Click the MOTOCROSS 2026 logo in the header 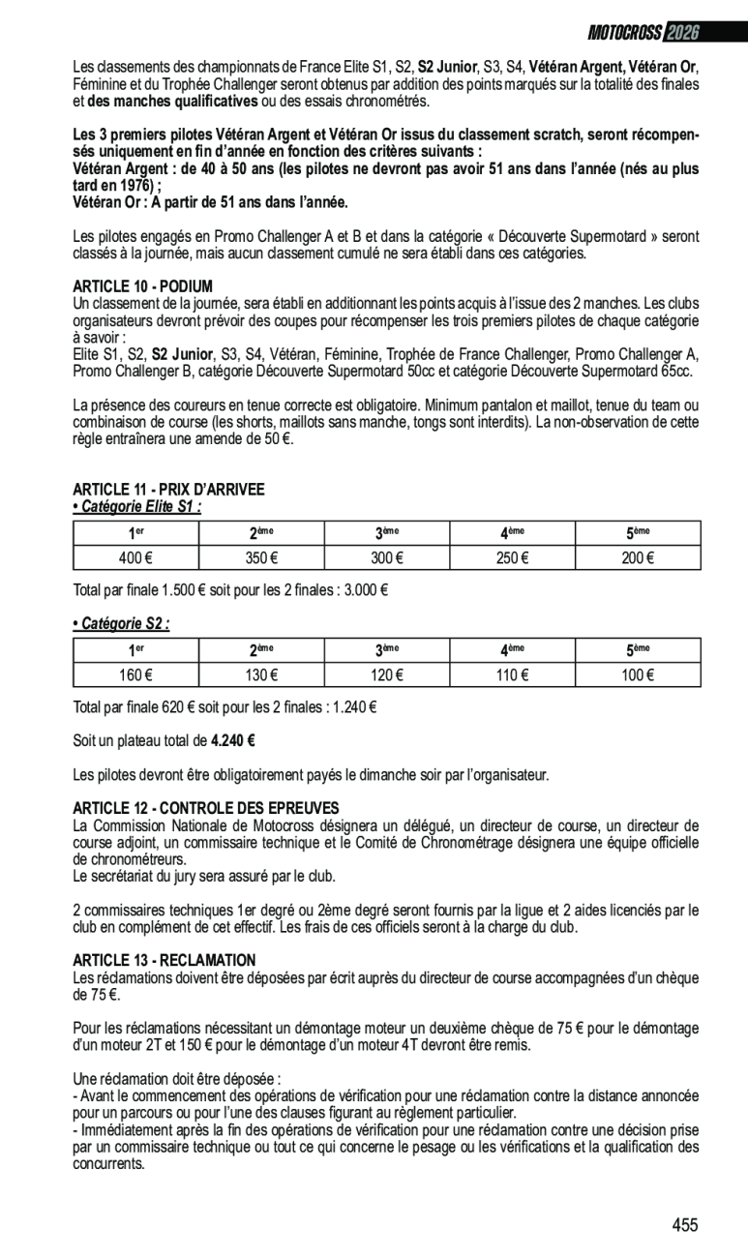[x=643, y=33]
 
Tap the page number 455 [x=685, y=1225]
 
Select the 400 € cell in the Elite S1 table [x=135, y=557]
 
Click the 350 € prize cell [x=261, y=557]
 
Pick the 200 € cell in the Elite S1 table [x=638, y=557]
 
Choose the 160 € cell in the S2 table [x=135, y=674]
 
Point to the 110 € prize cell [x=512, y=674]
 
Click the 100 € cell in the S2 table [x=638, y=674]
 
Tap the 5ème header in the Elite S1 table [x=638, y=532]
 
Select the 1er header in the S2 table [x=135, y=649]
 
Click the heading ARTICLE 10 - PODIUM [x=142, y=286]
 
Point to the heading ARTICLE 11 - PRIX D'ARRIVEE [x=168, y=490]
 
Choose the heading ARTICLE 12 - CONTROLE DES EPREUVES [x=206, y=808]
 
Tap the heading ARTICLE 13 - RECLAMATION [x=165, y=960]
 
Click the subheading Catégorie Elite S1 [x=137, y=506]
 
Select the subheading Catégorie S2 [x=122, y=624]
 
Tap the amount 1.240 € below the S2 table [x=354, y=707]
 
